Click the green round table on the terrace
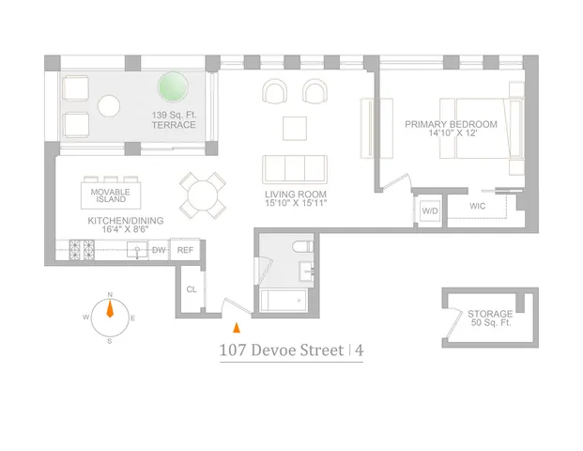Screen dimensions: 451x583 click(172, 87)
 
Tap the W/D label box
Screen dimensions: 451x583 click(430, 211)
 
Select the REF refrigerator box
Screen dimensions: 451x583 click(186, 250)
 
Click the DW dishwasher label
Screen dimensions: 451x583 click(159, 250)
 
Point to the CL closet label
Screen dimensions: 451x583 click(191, 289)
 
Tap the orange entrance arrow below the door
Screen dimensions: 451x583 click(237, 327)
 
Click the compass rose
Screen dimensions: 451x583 click(110, 310)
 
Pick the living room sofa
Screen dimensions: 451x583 click(294, 168)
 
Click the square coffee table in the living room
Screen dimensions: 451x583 click(295, 126)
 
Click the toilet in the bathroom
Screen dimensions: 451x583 click(301, 251)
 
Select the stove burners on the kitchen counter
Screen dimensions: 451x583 click(83, 251)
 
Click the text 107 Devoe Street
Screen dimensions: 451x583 click(280, 351)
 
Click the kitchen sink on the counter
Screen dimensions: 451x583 click(137, 251)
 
